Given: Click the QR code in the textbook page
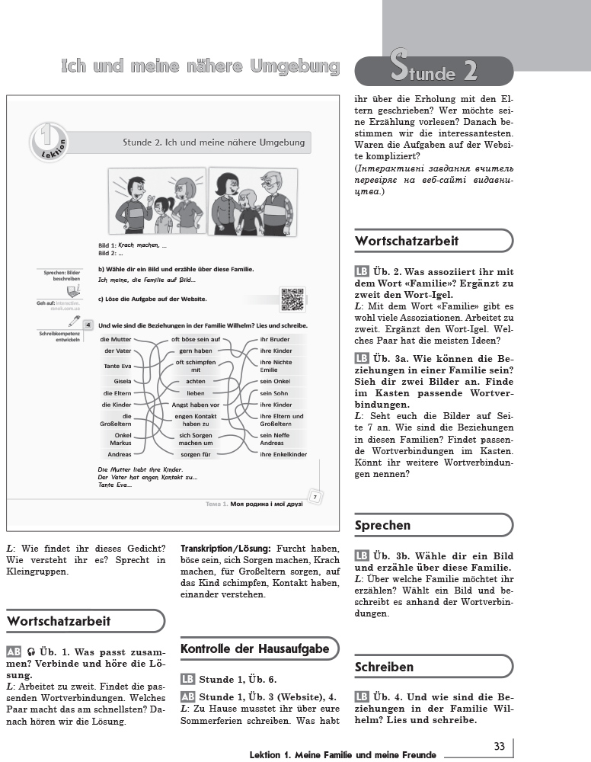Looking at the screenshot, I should pyautogui.click(x=292, y=299).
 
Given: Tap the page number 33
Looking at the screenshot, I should pyautogui.click(x=500, y=746).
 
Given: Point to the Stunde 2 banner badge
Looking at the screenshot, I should pyautogui.click(x=434, y=71).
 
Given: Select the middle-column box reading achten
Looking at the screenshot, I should pyautogui.click(x=196, y=380).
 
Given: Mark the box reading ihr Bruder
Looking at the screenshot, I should pyautogui.click(x=274, y=339).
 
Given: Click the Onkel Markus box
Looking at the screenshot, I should pyautogui.click(x=120, y=439).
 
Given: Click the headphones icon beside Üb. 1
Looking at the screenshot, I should pyautogui.click(x=31, y=652).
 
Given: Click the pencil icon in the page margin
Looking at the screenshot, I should pyautogui.click(x=75, y=322).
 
